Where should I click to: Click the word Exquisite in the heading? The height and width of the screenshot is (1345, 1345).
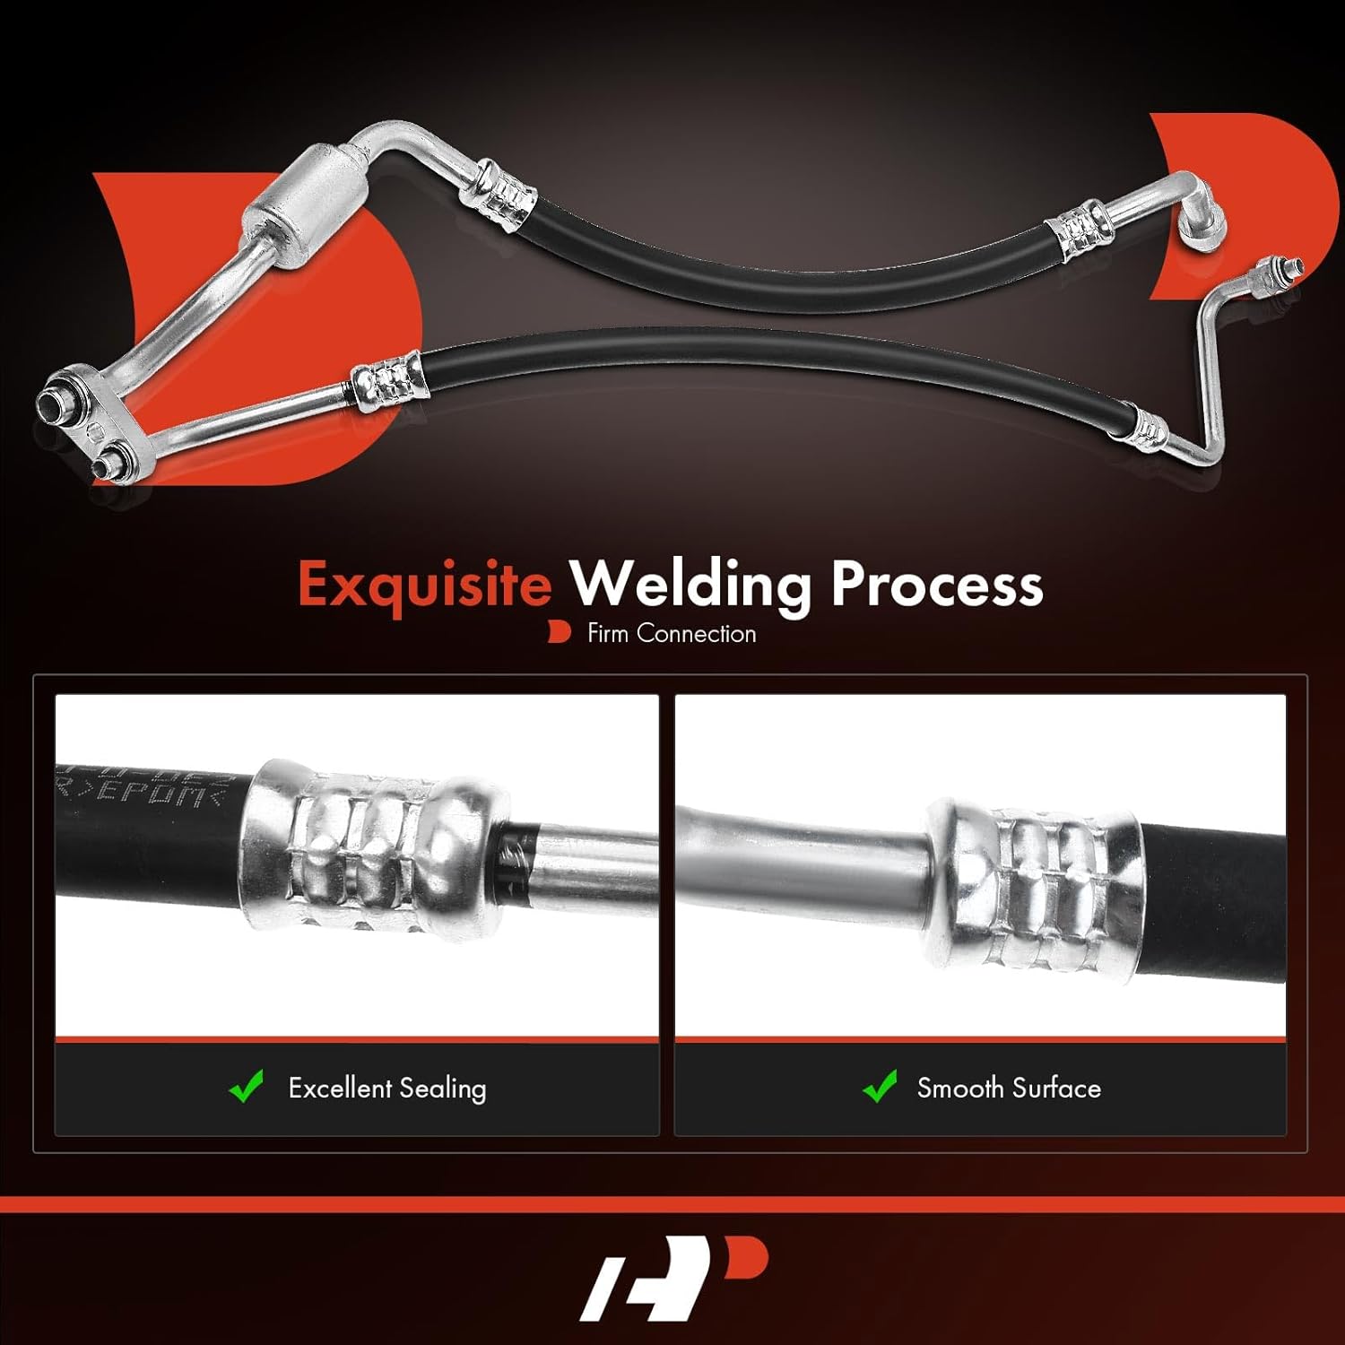pyautogui.click(x=424, y=585)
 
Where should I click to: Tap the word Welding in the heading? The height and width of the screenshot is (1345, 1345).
pyautogui.click(x=691, y=585)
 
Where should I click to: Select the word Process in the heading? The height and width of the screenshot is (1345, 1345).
pyautogui.click(x=937, y=585)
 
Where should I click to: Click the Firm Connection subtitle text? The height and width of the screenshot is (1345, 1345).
pyautogui.click(x=671, y=634)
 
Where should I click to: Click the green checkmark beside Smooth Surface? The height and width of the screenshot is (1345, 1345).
pyautogui.click(x=880, y=1087)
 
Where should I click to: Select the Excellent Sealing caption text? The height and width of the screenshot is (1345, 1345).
pyautogui.click(x=386, y=1089)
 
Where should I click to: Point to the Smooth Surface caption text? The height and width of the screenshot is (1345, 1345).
pyautogui.click(x=1009, y=1089)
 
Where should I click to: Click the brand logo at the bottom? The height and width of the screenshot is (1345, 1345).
pyautogui.click(x=672, y=1278)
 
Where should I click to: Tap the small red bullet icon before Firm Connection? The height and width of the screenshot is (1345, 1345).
pyautogui.click(x=559, y=632)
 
